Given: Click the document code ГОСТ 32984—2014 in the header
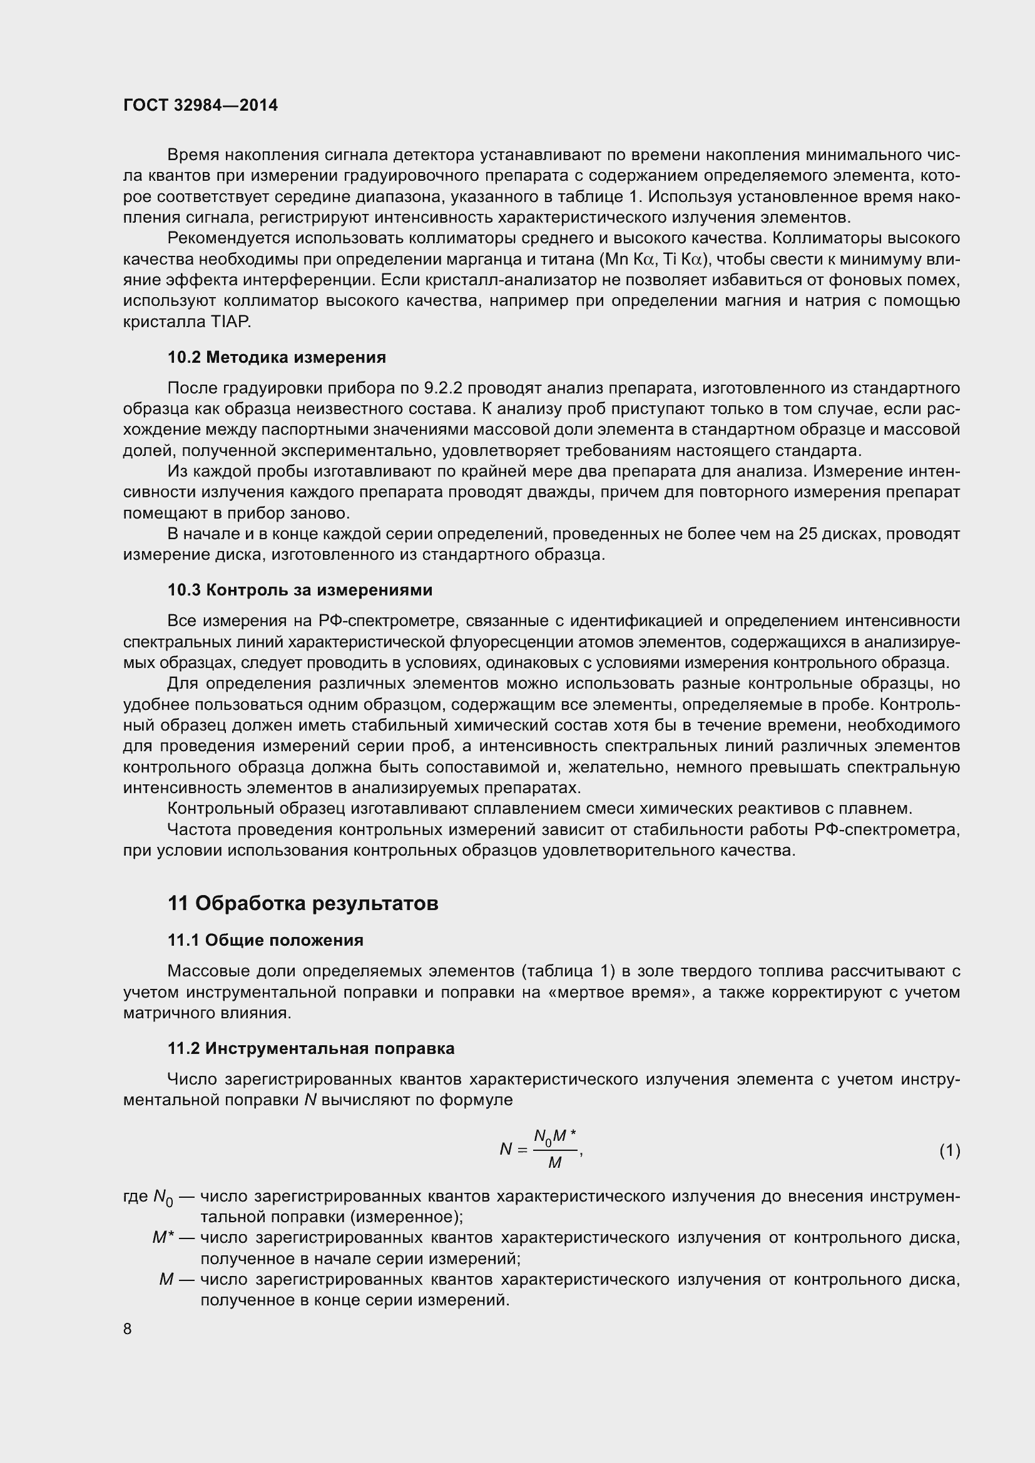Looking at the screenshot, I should pos(200,106).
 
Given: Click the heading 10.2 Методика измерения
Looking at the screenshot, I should pos(277,358).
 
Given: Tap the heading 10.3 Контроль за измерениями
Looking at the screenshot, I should pos(300,590).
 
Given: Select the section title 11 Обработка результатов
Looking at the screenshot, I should pos(303,904).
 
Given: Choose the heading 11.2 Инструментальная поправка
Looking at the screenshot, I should pos(311,1049).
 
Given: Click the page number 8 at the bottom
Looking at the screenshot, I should pos(128,1329).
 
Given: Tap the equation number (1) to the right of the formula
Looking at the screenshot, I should pos(950,1150).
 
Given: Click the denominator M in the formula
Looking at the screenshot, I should pos(554,1163).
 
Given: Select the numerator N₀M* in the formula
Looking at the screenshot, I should pos(554,1136).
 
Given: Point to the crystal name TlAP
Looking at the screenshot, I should pos(230,322).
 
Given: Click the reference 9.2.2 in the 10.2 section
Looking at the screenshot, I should pos(443,388).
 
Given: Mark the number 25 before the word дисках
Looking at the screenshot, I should pos(807,534).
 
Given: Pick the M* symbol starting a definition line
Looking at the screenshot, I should pos(163,1238).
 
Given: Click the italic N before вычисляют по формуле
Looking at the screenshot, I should pos(310,1100).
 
